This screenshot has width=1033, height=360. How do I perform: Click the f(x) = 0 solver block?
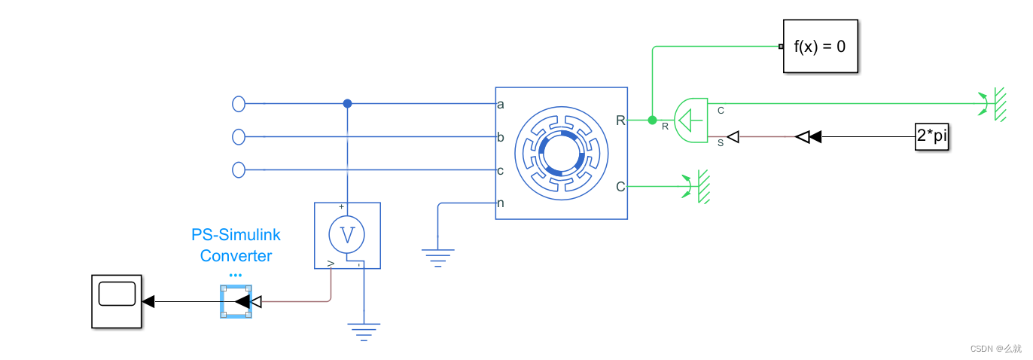(x=821, y=46)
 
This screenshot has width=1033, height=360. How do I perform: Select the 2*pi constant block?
(x=931, y=137)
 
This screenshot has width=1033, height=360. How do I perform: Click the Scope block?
(x=117, y=301)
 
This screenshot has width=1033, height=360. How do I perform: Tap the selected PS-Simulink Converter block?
(x=236, y=302)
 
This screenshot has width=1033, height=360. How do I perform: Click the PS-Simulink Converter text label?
(x=236, y=246)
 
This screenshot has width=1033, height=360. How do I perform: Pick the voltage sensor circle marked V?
(x=347, y=235)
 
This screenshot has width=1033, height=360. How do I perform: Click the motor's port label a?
(x=501, y=104)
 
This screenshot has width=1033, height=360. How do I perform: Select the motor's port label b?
(x=501, y=137)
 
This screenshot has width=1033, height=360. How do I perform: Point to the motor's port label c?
(x=501, y=170)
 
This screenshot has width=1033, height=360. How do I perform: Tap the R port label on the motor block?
(x=620, y=120)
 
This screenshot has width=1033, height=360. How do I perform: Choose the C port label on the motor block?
(x=620, y=186)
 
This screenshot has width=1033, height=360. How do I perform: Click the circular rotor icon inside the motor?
(x=561, y=153)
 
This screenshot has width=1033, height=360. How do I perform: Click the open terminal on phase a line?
(x=239, y=104)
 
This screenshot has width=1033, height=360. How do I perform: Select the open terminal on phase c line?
(x=239, y=170)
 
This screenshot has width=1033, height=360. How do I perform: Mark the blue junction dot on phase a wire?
(x=347, y=104)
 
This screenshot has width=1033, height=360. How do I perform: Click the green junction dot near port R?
(x=652, y=120)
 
